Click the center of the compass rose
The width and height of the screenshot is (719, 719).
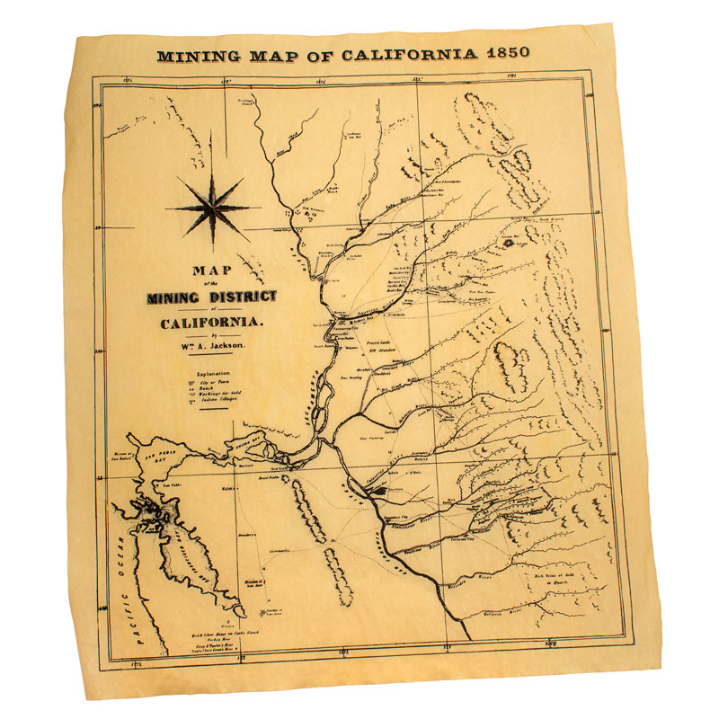(213, 205)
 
